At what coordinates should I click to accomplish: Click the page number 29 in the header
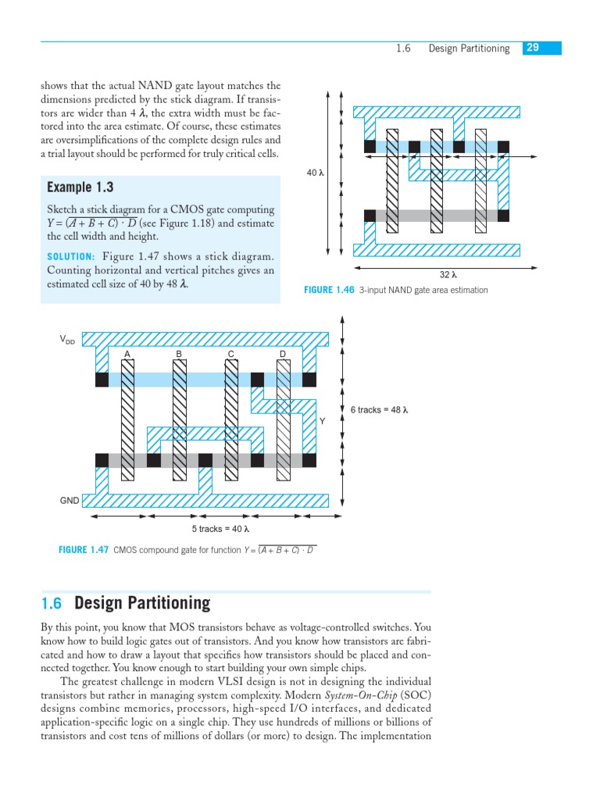pyautogui.click(x=533, y=48)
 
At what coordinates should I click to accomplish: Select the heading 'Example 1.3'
pyautogui.click(x=80, y=187)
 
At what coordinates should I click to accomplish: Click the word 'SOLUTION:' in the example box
pyautogui.click(x=71, y=257)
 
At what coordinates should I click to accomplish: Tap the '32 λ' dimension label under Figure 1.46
pyautogui.click(x=448, y=275)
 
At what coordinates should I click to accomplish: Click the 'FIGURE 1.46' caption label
pyautogui.click(x=328, y=290)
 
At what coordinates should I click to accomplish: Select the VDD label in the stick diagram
pyautogui.click(x=68, y=340)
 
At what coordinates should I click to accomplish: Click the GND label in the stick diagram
pyautogui.click(x=70, y=500)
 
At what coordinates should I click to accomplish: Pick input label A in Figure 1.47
pyautogui.click(x=127, y=355)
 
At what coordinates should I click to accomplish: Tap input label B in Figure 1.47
pyautogui.click(x=179, y=355)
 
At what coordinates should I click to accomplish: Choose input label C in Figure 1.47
pyautogui.click(x=231, y=355)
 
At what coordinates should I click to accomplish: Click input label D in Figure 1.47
pyautogui.click(x=283, y=355)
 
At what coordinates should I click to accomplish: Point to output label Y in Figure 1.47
pyautogui.click(x=321, y=421)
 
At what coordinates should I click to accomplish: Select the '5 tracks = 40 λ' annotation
pyautogui.click(x=220, y=530)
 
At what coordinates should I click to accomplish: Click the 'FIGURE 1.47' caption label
pyautogui.click(x=84, y=550)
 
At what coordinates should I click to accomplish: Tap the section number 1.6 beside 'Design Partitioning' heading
pyautogui.click(x=51, y=603)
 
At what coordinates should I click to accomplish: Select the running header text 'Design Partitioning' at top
pyautogui.click(x=469, y=48)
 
